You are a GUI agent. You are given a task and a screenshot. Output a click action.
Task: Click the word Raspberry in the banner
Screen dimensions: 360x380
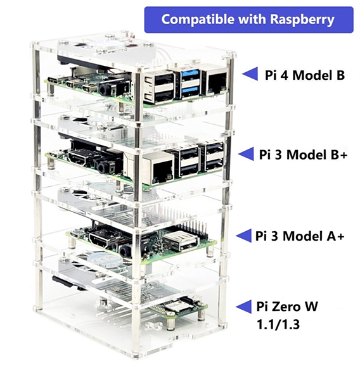tap(302, 20)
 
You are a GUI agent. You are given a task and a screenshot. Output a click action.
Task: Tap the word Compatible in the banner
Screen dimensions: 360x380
tap(198, 19)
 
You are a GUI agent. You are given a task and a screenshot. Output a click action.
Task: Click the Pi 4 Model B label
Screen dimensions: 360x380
tap(305, 75)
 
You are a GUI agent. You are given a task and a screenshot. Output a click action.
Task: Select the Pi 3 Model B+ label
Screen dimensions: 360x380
tap(303, 155)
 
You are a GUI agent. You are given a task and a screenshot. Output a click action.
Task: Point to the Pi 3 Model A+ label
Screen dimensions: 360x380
tap(300, 236)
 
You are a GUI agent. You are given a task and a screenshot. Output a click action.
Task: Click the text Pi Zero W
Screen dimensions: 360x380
tap(287, 307)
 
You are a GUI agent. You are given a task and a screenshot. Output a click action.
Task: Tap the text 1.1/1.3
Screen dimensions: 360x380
tap(278, 324)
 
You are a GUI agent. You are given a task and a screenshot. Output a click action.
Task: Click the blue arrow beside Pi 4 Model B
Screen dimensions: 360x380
tap(250, 74)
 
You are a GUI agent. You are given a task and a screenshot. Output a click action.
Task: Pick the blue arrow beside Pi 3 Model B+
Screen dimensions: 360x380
tap(246, 154)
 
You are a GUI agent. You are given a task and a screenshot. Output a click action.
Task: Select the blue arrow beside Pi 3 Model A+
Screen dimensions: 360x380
tap(243, 236)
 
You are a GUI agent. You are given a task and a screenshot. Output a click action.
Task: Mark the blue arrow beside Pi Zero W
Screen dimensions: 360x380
tap(243, 307)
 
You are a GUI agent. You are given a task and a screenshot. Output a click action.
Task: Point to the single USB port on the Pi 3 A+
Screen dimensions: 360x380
tap(180, 241)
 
